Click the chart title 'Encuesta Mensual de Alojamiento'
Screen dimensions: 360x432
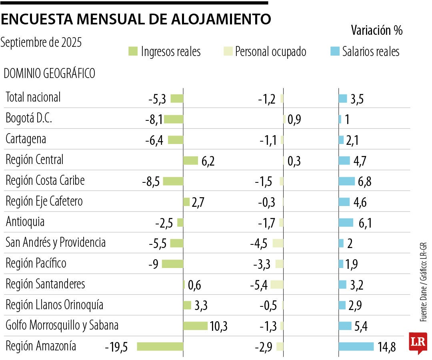136,19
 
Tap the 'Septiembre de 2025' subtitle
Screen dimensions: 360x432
41,42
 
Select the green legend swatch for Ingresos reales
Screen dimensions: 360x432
133,52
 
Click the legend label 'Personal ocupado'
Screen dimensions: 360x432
270,52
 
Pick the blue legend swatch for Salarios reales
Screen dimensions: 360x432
334,52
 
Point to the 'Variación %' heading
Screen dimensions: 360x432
376,30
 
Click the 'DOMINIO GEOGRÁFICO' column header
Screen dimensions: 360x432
49,74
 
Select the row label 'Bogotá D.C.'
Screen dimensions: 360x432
29,118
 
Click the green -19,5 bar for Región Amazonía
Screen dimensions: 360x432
160,346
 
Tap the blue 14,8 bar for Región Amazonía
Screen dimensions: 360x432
356,346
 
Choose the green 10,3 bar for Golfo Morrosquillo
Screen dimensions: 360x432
195,326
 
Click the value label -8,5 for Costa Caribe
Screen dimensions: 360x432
151,181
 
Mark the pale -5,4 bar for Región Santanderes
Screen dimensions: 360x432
277,284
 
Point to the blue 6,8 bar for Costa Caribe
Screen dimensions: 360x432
346,181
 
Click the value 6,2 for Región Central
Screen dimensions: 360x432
208,161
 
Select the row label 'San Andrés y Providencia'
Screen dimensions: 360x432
56,242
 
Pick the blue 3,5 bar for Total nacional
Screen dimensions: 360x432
343,98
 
